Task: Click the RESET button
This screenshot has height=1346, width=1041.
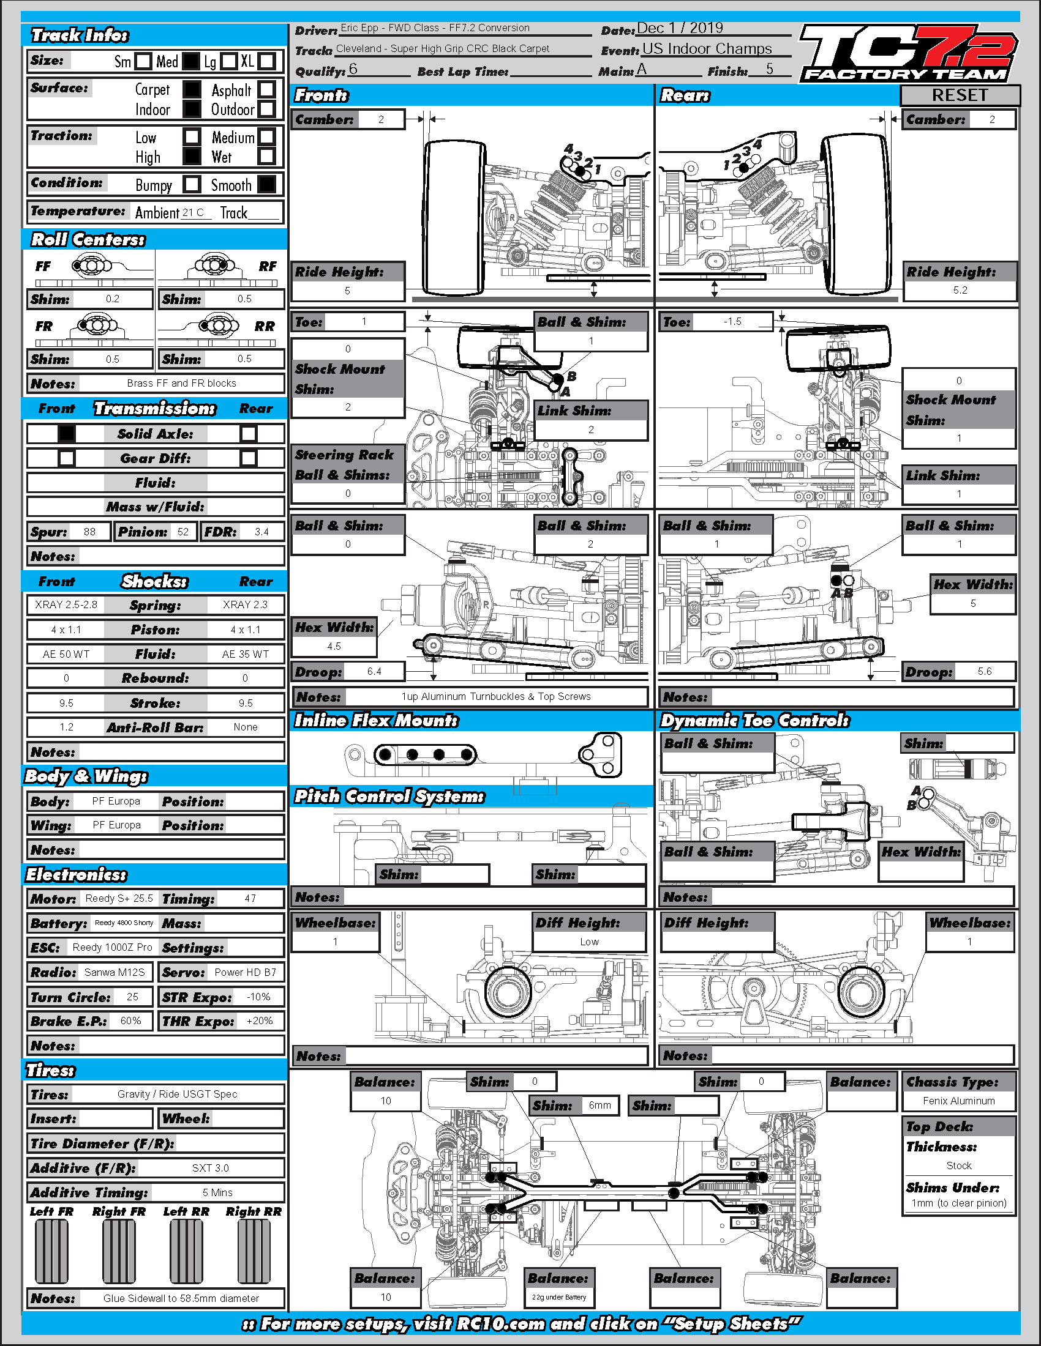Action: [x=960, y=95]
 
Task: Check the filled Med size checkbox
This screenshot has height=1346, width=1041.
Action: [x=191, y=61]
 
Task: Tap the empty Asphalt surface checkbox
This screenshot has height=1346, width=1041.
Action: [x=266, y=89]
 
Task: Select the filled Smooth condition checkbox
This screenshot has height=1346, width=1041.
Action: [x=266, y=184]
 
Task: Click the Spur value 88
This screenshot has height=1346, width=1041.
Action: [x=89, y=532]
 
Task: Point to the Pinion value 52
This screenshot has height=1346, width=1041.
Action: [x=183, y=532]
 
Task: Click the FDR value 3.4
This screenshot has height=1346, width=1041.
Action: [x=261, y=532]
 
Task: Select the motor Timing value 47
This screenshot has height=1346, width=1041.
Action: [x=250, y=899]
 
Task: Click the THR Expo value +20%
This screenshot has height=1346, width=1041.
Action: [x=260, y=1021]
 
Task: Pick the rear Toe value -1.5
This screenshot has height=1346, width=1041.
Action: [x=732, y=322]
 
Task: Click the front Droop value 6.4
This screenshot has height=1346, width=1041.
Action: [x=374, y=671]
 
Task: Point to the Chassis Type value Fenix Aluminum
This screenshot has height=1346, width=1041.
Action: [x=959, y=1101]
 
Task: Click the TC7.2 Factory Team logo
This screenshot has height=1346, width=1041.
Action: [x=908, y=54]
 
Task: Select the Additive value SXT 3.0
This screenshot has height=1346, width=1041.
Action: [x=210, y=1168]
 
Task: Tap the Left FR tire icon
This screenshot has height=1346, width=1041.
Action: [x=52, y=1251]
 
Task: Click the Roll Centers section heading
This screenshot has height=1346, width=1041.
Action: [x=88, y=240]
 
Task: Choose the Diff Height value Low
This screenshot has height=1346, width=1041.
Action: [x=589, y=942]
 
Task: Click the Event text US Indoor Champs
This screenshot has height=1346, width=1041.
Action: [x=707, y=49]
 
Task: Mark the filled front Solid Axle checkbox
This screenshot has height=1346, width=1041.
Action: [x=67, y=434]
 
